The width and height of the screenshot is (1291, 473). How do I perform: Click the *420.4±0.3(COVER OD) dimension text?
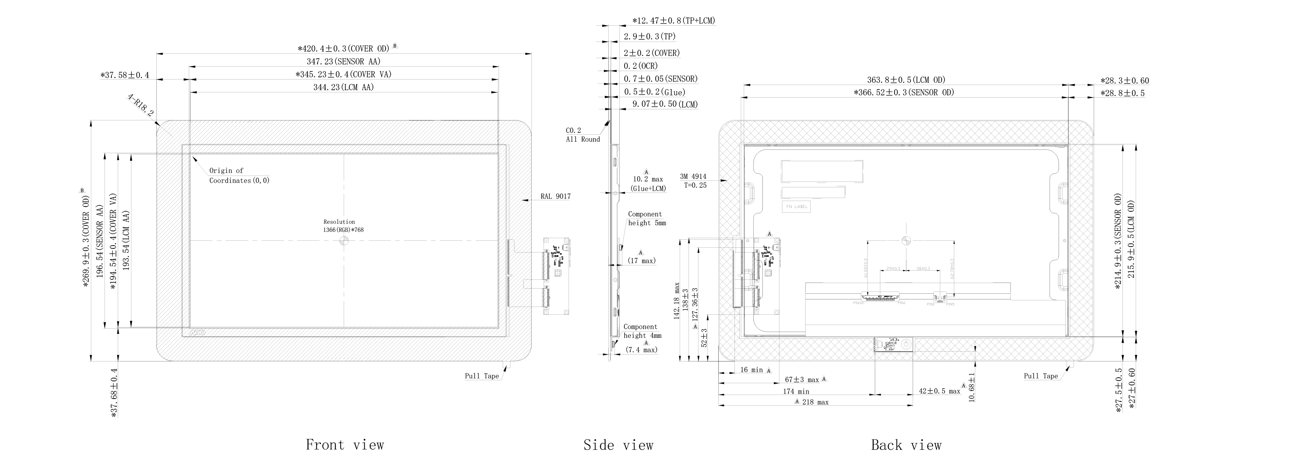(x=344, y=49)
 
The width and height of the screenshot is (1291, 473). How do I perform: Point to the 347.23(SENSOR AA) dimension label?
(x=344, y=61)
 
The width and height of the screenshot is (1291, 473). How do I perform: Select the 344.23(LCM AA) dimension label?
(x=344, y=87)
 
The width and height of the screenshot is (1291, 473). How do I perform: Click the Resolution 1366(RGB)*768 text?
(x=343, y=226)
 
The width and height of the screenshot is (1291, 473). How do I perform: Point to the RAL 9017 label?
(x=555, y=197)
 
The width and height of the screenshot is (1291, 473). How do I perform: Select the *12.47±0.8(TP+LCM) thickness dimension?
(x=673, y=21)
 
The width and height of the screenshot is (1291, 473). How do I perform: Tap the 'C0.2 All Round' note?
(x=582, y=135)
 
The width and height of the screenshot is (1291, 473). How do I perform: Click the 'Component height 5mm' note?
(x=647, y=218)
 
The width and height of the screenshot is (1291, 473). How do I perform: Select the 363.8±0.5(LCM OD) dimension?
(x=906, y=80)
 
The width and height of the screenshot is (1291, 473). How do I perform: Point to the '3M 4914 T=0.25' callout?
(x=694, y=181)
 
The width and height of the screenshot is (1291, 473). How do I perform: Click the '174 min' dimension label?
(x=796, y=391)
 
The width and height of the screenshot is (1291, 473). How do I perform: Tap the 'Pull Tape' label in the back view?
(x=1040, y=376)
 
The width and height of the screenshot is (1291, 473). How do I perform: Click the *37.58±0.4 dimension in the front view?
(x=125, y=75)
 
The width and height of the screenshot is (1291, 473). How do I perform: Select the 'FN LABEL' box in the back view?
(x=796, y=207)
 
